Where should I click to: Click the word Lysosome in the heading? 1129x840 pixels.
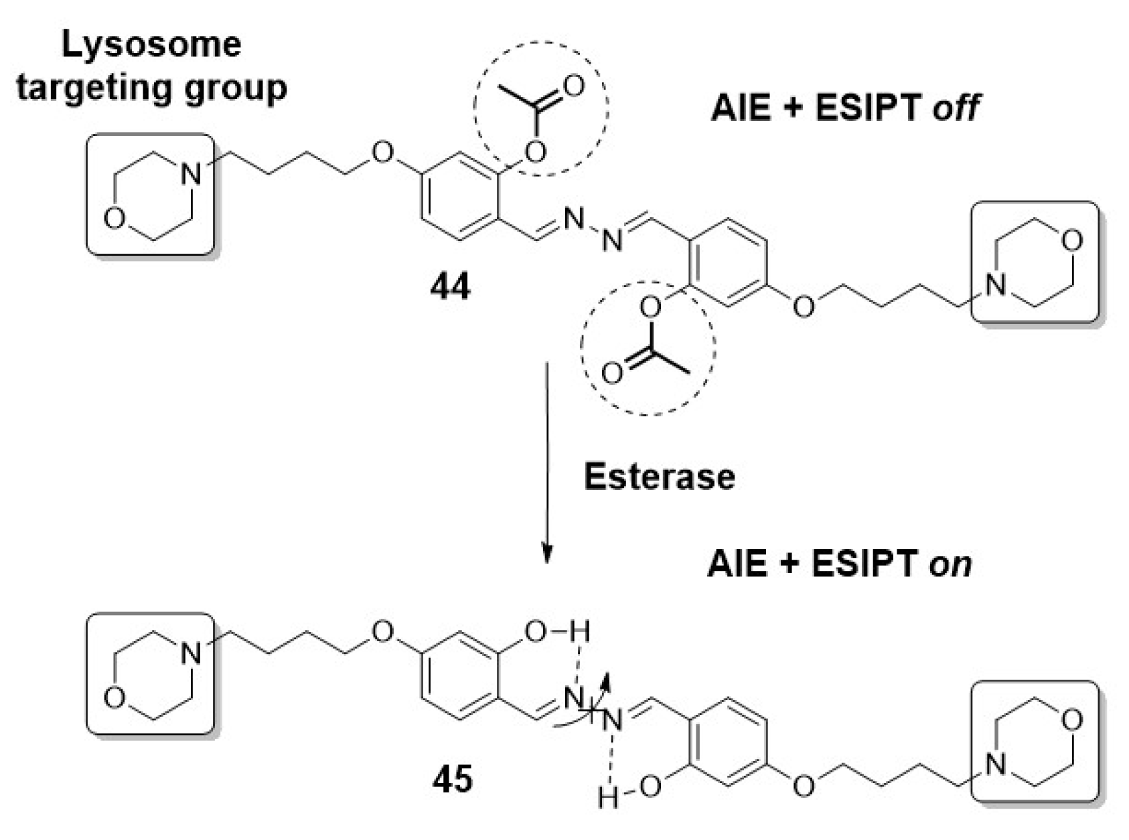pos(151,45)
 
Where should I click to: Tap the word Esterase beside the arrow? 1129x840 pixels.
pos(659,477)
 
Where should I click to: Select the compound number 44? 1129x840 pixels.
pos(450,287)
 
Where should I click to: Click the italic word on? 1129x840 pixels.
pos(950,564)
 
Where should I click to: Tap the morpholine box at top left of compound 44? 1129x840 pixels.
pos(151,194)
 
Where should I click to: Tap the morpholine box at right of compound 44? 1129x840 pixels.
pos(1035,262)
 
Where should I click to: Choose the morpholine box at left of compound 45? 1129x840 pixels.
pos(151,673)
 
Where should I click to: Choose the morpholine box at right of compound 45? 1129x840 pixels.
pos(1035,742)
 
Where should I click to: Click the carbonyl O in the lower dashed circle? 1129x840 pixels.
pos(611,373)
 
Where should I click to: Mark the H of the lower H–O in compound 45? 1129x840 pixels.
pos(607,798)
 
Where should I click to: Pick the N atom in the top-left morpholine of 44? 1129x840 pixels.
pos(192,175)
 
